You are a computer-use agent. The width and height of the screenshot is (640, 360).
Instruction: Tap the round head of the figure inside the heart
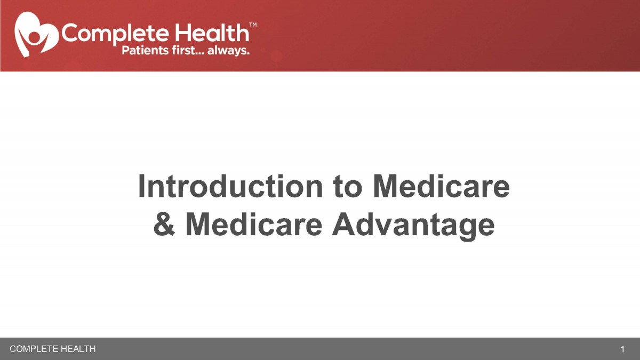click(35, 37)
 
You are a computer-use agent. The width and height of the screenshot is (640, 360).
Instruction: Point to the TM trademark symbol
click(253, 25)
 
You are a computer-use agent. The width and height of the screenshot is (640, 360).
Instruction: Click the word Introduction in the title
click(230, 186)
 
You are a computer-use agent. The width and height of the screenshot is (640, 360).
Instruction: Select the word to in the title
click(348, 187)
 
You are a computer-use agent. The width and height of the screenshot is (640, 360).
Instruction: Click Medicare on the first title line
click(442, 186)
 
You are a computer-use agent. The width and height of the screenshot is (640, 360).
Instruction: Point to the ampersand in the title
click(164, 224)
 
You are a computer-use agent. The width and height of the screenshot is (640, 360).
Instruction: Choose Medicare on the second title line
click(254, 224)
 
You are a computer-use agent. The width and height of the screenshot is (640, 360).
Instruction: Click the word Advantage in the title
click(413, 226)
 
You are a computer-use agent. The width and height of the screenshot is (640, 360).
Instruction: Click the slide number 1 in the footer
click(622, 349)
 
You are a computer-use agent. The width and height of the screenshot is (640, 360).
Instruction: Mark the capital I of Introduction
click(141, 186)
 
